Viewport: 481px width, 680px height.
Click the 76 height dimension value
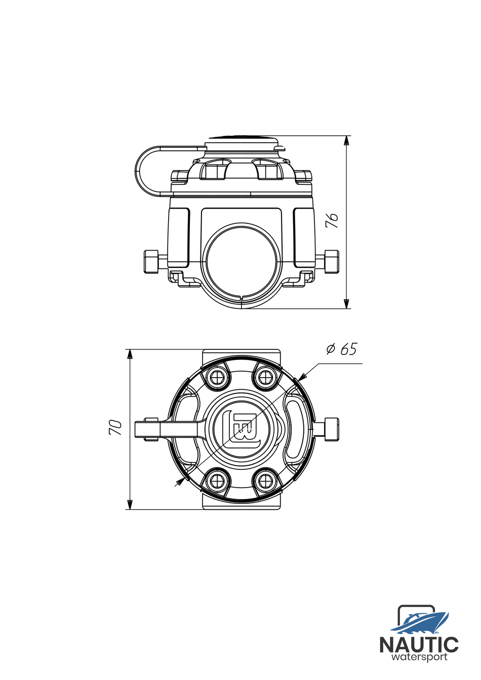pos(332,221)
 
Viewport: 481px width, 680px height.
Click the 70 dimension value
pos(116,428)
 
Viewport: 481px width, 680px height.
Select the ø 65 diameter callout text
pos(342,349)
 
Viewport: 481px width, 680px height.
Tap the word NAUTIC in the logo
pos(419,645)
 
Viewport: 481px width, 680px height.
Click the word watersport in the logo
pos(419,657)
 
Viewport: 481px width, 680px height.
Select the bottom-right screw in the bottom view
pos(264,481)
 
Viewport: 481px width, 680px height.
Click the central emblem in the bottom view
pos(242,428)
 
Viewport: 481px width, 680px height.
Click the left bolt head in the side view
pos(151,262)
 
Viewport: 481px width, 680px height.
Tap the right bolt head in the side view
pos(332,262)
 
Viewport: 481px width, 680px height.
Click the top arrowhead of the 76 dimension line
pos(346,140)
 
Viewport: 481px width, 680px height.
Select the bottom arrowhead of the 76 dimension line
pos(346,304)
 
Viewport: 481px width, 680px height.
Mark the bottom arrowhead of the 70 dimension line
pos(130,505)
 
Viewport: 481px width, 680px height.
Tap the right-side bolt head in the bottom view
pos(331,429)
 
